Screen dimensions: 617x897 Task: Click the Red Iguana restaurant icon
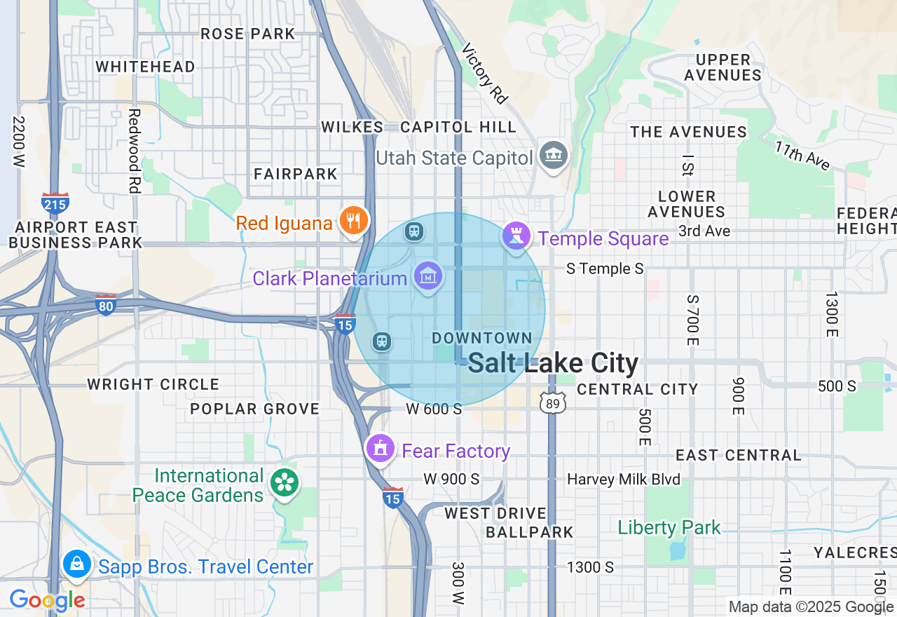[x=355, y=222]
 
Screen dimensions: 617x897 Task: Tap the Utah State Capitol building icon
[x=554, y=156]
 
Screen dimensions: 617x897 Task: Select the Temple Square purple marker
[x=516, y=237]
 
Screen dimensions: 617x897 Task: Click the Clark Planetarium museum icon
[x=427, y=278]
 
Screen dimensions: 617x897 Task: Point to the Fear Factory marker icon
[x=381, y=447]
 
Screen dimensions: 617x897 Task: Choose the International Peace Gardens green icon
[x=286, y=482]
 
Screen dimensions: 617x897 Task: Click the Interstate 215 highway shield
[x=55, y=204]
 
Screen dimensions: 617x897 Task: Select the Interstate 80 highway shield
[x=106, y=305]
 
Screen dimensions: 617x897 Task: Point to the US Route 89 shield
[x=552, y=402]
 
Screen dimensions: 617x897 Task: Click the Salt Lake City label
[x=553, y=363]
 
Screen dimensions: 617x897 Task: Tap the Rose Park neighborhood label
[x=247, y=34]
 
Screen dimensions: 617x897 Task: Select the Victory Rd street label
[x=485, y=74]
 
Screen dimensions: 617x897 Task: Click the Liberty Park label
[x=669, y=527]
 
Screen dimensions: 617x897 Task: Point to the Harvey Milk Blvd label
[x=624, y=480]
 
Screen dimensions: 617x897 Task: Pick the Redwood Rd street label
[x=135, y=151]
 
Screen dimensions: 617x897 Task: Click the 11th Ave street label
[x=802, y=156]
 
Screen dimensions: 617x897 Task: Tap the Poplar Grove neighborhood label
[x=255, y=409]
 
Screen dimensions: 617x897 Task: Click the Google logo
[x=47, y=600]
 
